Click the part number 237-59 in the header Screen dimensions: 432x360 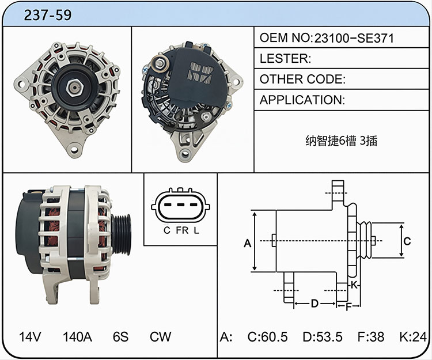[48, 15]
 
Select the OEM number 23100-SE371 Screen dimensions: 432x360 [354, 38]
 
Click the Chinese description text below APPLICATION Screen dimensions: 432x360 [341, 141]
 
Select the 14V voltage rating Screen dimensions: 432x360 [31, 336]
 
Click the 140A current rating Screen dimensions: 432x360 [77, 336]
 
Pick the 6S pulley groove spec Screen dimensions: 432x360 [121, 336]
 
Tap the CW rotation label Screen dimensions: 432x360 [160, 336]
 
